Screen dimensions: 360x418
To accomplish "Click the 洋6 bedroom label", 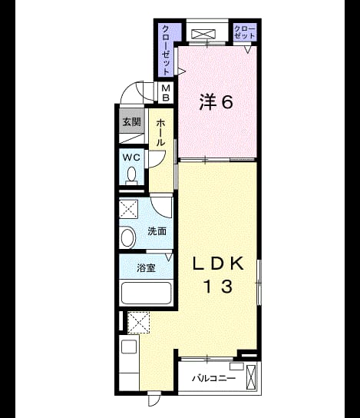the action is pos(216,102).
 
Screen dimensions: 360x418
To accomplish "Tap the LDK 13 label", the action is pos(218,274).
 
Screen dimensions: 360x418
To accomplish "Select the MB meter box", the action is pos(166,92).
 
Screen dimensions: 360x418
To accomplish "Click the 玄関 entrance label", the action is pos(131,122).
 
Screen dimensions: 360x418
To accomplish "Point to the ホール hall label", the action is pos(160,132).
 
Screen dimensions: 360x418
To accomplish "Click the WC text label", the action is pos(131,158).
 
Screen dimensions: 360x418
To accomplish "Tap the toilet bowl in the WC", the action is pos(131,175).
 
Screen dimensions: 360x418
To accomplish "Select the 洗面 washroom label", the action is pos(157,231).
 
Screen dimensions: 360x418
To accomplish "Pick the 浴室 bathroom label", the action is pos(146,268).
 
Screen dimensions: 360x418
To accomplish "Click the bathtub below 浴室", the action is pos(146,293).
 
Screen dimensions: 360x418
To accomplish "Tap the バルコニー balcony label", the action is pos(214,378).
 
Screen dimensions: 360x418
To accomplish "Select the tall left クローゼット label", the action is pos(166,50).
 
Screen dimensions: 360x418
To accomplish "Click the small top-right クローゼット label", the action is pos(245,32).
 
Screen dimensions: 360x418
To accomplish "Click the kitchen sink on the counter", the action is pos(129,347).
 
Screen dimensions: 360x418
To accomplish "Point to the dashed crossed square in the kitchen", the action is pos(138,323).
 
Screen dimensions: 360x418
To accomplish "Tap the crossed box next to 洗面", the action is pos(128,209).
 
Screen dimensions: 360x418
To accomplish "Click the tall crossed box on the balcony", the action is pos(251,378).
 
